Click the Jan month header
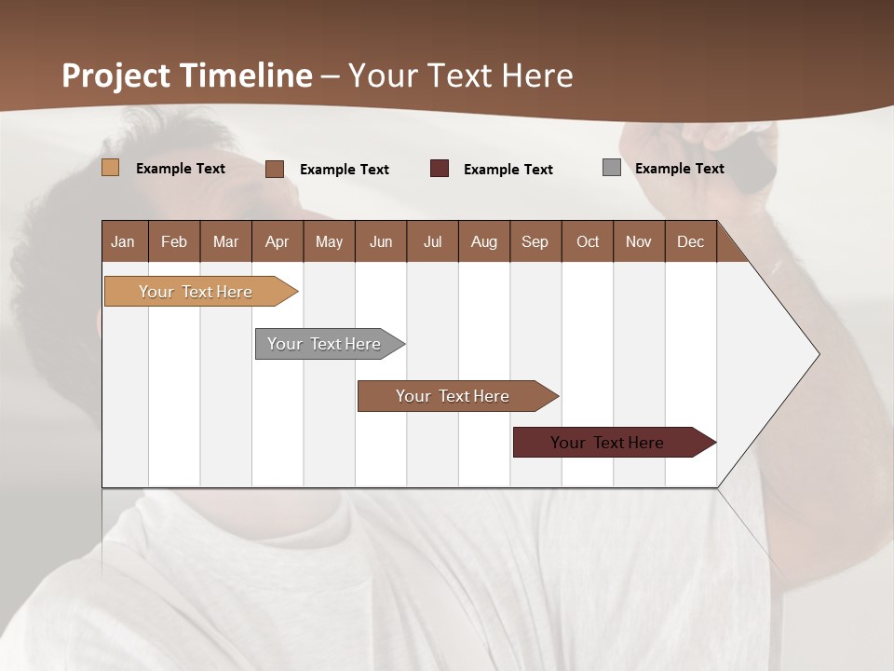[124, 241]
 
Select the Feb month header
[174, 241]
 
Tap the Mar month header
[225, 241]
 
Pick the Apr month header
[277, 241]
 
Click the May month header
[329, 241]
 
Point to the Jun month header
[381, 241]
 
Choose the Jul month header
[432, 241]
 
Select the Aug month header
[483, 241]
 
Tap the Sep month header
[535, 241]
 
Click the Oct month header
[588, 241]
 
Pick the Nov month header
[639, 241]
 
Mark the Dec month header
[690, 241]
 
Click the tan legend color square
[111, 168]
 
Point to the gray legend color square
[612, 168]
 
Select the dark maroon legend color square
[440, 169]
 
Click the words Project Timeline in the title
[187, 75]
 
